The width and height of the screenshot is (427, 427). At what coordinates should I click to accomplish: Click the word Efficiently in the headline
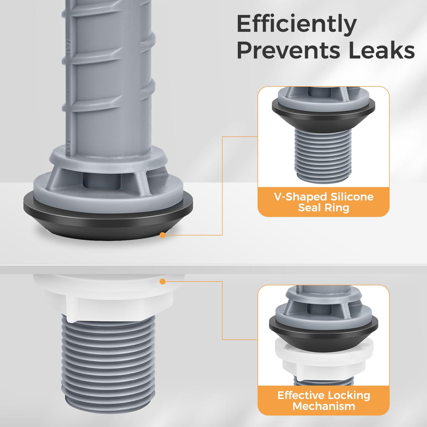pyautogui.click(x=296, y=25)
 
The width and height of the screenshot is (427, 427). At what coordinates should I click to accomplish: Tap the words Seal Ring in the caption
pyautogui.click(x=324, y=208)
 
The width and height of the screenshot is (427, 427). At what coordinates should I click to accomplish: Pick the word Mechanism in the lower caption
pyautogui.click(x=324, y=406)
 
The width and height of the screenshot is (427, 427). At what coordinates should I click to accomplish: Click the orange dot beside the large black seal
pyautogui.click(x=163, y=235)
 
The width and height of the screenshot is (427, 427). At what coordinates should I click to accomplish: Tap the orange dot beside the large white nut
pyautogui.click(x=163, y=282)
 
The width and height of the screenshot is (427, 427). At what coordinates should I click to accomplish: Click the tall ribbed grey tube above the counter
pyautogui.click(x=109, y=75)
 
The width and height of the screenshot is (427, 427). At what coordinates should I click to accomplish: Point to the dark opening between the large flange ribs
pyautogui.click(x=102, y=181)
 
